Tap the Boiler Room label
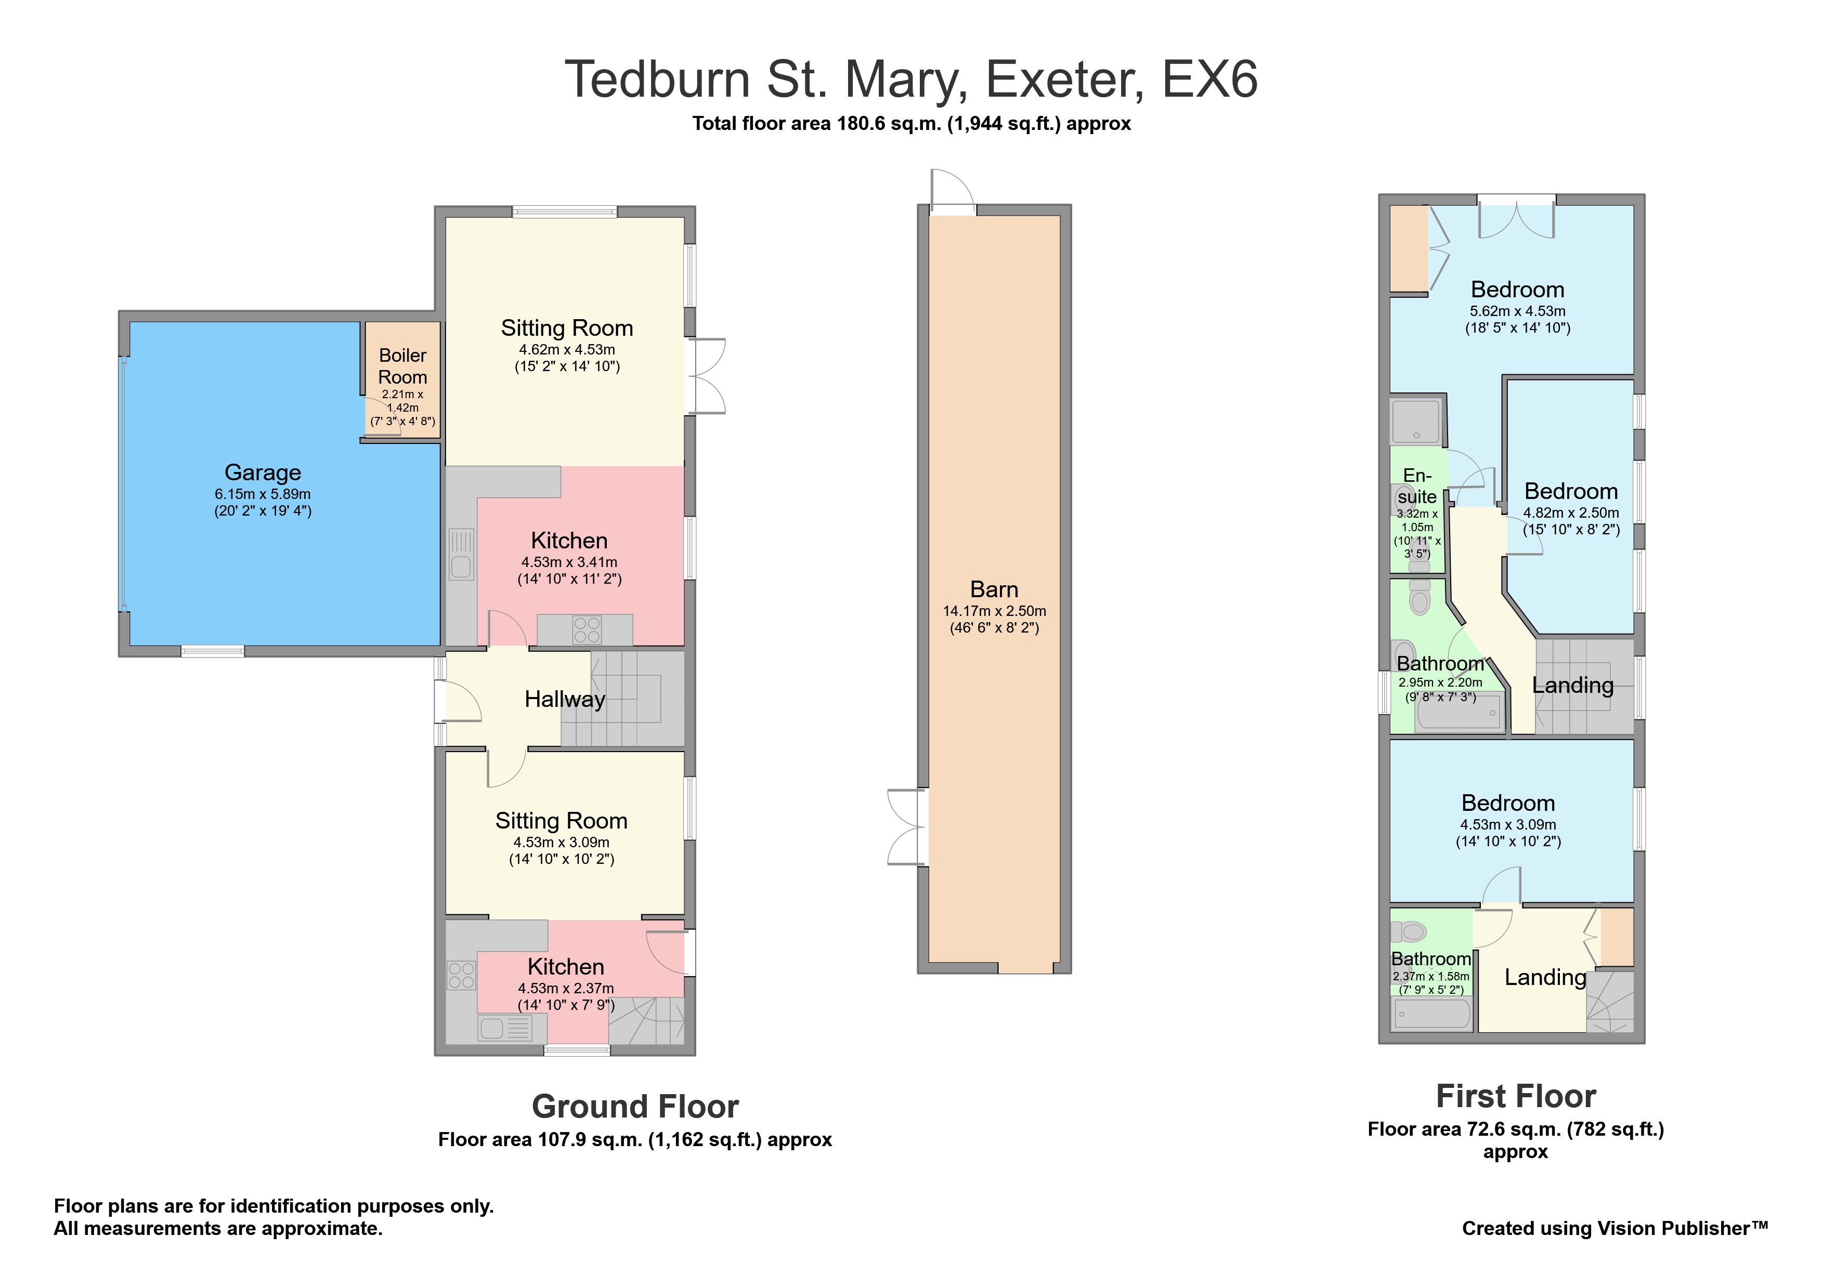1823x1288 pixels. click(x=402, y=366)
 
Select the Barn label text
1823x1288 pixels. click(x=994, y=589)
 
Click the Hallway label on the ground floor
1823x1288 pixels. click(x=565, y=699)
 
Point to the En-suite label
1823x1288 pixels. click(x=1417, y=485)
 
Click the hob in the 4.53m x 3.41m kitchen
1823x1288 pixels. click(x=587, y=630)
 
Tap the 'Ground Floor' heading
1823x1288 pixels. click(x=635, y=1106)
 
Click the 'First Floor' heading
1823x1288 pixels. click(x=1516, y=1096)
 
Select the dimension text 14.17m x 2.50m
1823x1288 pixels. click(x=994, y=611)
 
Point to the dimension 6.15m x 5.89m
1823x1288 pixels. click(x=263, y=494)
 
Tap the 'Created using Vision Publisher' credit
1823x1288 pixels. click(x=1615, y=1228)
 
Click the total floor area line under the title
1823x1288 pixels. click(x=912, y=123)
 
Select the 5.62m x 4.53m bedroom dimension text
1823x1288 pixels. click(x=1517, y=311)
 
